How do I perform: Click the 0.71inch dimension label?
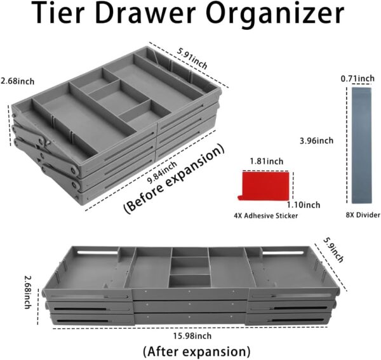pos(358,79)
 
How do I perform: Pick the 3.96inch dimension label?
pos(315,140)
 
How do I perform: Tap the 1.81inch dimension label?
pos(266,162)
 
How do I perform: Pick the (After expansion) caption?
pos(196,351)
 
